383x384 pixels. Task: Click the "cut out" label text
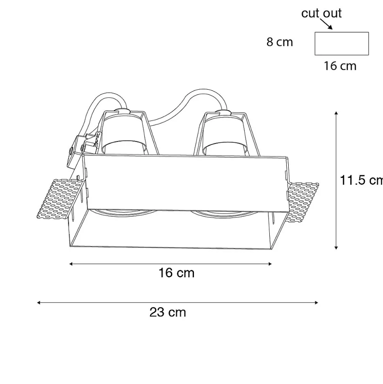[x=321, y=13]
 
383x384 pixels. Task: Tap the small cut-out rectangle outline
[x=342, y=32]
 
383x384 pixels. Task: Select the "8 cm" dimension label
[x=280, y=42]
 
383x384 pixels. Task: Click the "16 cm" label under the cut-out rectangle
[x=340, y=66]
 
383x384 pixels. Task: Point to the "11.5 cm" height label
[x=361, y=180]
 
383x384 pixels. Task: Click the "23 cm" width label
[x=168, y=312]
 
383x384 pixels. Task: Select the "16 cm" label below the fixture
[x=176, y=273]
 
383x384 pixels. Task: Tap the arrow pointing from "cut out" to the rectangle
[x=326, y=24]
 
